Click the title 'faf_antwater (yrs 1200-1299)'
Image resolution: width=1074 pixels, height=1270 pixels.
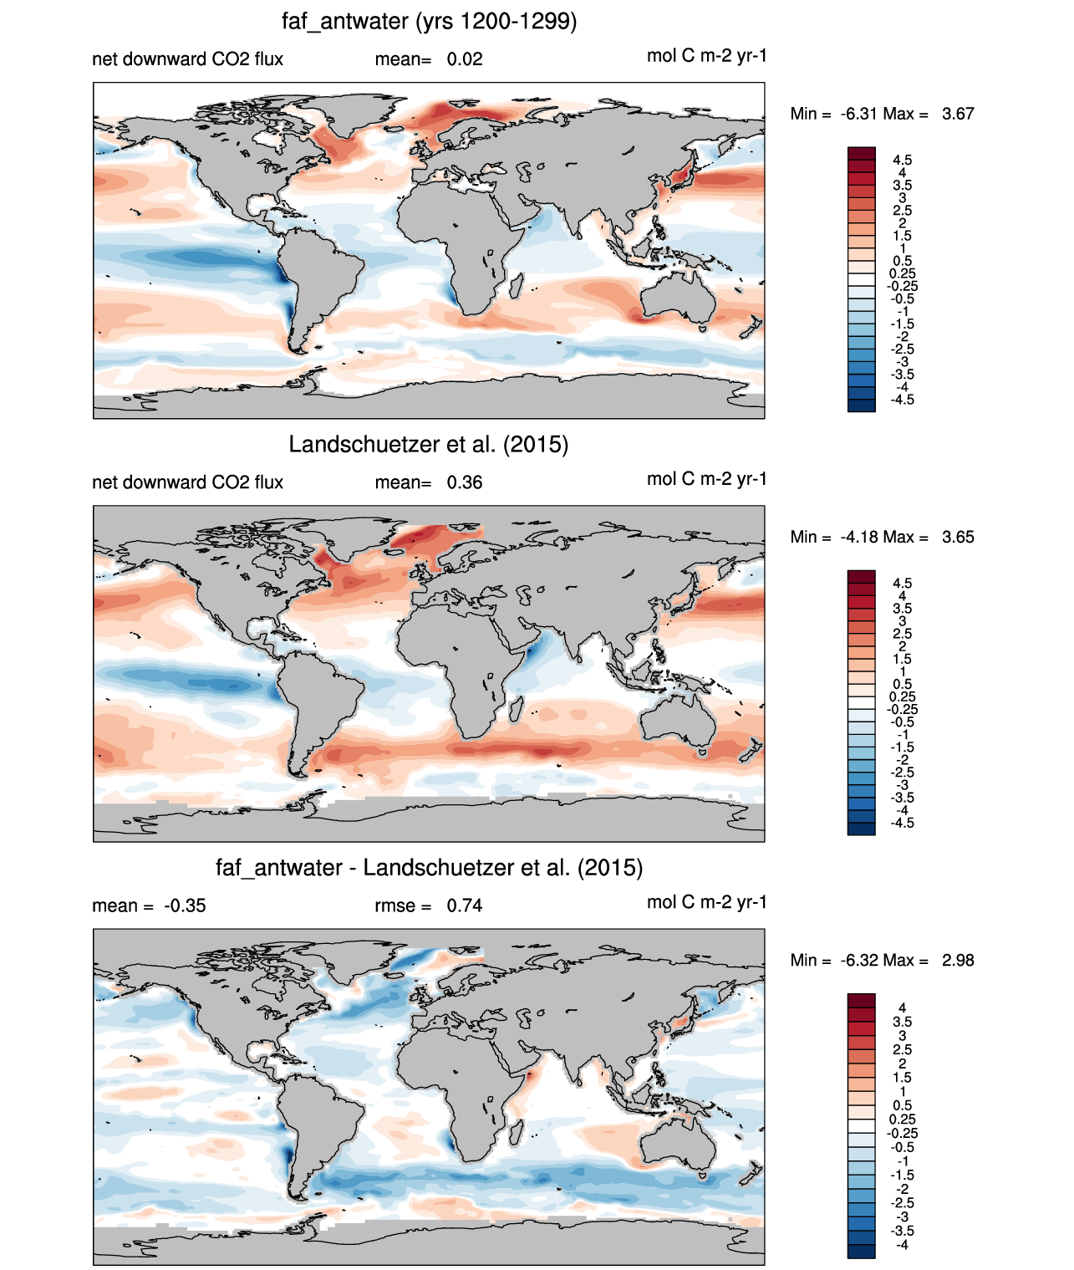429,22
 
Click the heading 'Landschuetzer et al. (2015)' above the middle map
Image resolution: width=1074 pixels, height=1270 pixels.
429,444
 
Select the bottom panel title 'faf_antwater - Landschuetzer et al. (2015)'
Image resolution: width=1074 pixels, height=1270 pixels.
429,868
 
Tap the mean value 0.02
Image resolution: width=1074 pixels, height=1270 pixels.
464,59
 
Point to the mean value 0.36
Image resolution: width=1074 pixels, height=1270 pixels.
464,482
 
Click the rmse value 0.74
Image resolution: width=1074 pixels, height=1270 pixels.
464,905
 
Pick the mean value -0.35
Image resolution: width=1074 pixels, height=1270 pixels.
185,905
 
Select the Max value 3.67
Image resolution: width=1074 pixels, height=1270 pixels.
958,114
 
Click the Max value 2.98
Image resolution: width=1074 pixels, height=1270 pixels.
958,961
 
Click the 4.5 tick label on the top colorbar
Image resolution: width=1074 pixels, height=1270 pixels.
902,160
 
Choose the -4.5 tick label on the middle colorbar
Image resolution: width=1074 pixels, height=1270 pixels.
902,823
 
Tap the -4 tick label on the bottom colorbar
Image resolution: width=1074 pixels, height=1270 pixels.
902,1245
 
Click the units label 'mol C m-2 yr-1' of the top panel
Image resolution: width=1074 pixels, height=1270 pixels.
707,56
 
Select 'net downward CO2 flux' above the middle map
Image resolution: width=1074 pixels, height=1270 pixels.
187,482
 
